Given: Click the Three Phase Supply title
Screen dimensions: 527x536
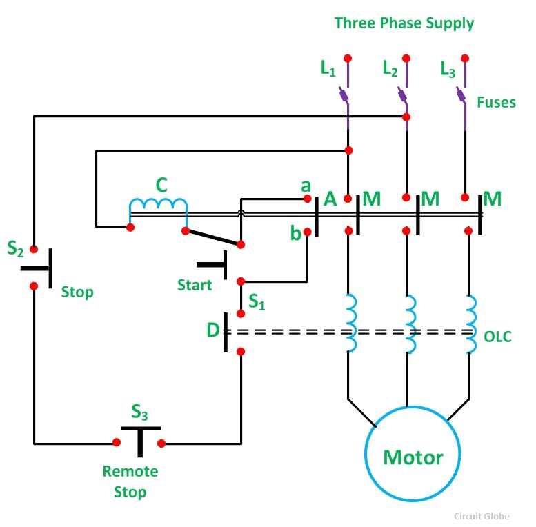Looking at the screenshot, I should pyautogui.click(x=404, y=23).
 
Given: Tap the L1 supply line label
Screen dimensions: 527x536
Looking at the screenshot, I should pyautogui.click(x=328, y=69).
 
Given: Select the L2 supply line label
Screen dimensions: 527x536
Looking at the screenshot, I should pyautogui.click(x=390, y=69).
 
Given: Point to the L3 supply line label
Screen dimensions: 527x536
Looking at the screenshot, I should pyautogui.click(x=448, y=69).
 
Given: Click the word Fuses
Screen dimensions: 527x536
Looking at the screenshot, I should pyautogui.click(x=496, y=102).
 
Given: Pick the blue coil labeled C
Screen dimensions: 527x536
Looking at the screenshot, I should pyautogui.click(x=158, y=206).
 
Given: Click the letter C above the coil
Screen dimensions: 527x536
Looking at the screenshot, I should pyautogui.click(x=161, y=185).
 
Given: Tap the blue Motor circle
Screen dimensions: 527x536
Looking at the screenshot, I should pyautogui.click(x=413, y=456).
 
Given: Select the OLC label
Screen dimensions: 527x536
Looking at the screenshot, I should pyautogui.click(x=498, y=337).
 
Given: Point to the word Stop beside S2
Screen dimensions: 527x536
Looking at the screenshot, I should pyautogui.click(x=77, y=292).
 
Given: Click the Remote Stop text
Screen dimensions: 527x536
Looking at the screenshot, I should pyautogui.click(x=130, y=481).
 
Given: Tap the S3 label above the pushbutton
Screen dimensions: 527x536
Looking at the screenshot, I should pyautogui.click(x=139, y=412).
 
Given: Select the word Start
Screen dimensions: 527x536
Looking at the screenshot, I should pyautogui.click(x=195, y=285).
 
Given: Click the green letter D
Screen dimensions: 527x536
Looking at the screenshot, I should pyautogui.click(x=213, y=330).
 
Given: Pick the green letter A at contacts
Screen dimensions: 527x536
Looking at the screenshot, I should pyautogui.click(x=330, y=199).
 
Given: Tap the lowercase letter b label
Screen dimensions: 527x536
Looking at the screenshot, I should pyautogui.click(x=295, y=233).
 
